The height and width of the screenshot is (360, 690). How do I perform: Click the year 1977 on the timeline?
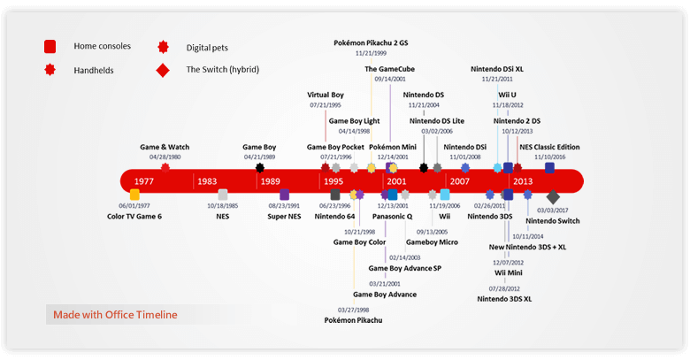click(144, 180)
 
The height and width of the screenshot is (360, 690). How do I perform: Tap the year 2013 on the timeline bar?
click(523, 180)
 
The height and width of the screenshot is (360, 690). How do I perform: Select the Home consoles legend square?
click(50, 46)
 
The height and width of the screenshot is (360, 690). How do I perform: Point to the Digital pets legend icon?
click(163, 47)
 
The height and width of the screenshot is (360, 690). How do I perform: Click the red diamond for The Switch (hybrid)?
click(163, 69)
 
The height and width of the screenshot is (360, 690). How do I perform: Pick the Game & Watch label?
click(165, 147)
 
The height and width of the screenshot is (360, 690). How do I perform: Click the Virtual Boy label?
click(326, 94)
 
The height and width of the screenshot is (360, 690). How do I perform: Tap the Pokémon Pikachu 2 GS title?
click(371, 42)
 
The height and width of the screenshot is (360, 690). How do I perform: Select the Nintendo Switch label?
click(553, 220)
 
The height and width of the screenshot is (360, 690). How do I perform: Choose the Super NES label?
click(285, 216)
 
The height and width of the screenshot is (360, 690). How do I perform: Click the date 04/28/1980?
click(165, 157)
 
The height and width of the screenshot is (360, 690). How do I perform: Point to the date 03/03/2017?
click(553, 211)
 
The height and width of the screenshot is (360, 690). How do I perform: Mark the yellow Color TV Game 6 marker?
click(134, 195)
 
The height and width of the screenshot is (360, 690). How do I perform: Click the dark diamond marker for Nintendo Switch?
click(553, 197)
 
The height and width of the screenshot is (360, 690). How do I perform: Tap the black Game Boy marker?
click(260, 167)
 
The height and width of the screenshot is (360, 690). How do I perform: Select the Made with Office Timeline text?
click(115, 314)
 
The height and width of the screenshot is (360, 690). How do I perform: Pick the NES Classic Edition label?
click(549, 147)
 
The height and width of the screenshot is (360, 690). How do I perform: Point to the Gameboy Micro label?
click(432, 241)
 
